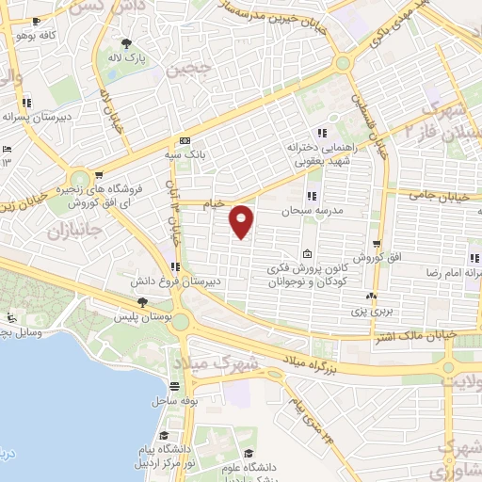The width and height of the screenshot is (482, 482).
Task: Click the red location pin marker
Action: (x=242, y=221)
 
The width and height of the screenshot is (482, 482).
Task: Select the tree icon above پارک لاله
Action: (x=127, y=42)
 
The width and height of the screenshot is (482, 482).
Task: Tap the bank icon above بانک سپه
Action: (x=195, y=139)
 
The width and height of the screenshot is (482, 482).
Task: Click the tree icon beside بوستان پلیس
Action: (x=140, y=302)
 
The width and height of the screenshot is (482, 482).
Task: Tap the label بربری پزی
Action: (x=370, y=308)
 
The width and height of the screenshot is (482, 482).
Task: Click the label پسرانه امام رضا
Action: (x=451, y=271)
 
